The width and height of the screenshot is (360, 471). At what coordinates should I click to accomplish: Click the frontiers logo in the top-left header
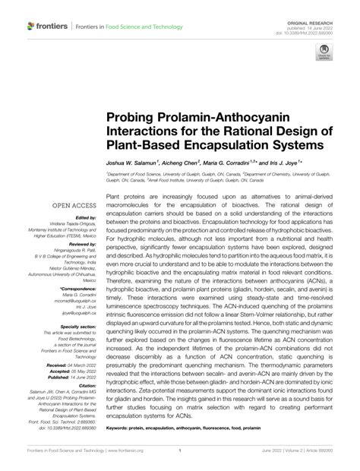click(x=47, y=26)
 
